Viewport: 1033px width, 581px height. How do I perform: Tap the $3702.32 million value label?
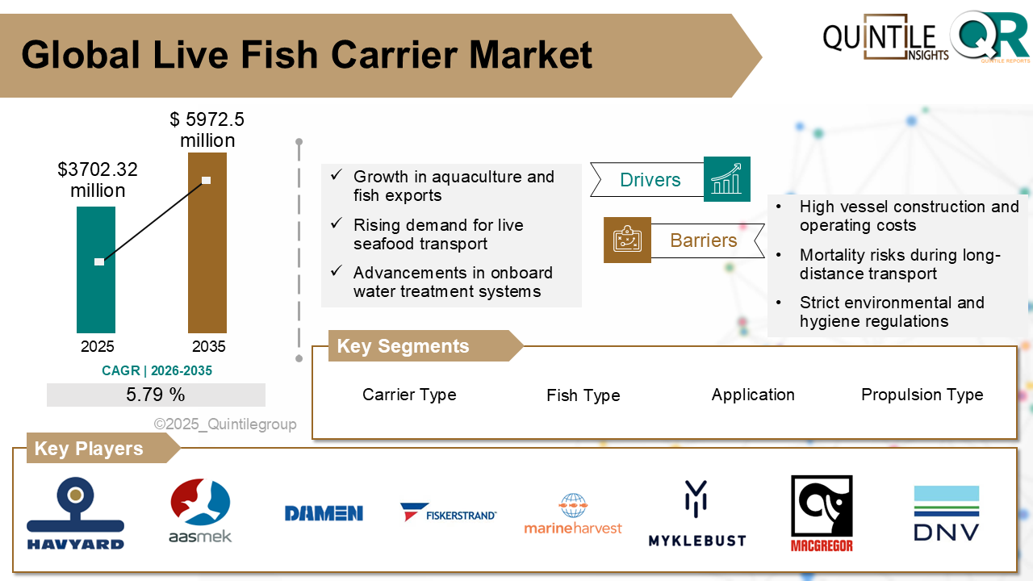[x=98, y=180]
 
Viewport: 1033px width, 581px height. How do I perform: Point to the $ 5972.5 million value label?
[x=207, y=130]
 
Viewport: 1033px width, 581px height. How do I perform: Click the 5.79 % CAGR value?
[x=156, y=395]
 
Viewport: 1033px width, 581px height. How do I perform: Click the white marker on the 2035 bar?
[x=207, y=180]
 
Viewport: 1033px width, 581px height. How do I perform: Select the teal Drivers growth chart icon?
[x=726, y=179]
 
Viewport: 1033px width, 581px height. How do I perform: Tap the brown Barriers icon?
[x=627, y=240]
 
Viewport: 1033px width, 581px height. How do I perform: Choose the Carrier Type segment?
[x=409, y=395]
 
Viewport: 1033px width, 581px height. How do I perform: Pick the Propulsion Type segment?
[x=922, y=395]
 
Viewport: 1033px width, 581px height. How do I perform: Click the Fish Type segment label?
[x=583, y=395]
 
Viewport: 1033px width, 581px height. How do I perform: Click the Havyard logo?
[x=76, y=514]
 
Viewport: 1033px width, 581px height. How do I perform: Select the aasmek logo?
[x=200, y=512]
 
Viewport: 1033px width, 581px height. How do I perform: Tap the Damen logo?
[x=324, y=513]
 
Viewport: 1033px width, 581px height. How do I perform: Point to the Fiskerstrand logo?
[x=448, y=512]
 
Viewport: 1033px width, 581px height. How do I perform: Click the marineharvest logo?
[x=573, y=514]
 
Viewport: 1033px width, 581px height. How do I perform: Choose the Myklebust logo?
[x=696, y=514]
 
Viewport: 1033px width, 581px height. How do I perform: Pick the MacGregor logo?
[x=822, y=514]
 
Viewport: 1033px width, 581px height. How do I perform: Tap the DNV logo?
[x=946, y=514]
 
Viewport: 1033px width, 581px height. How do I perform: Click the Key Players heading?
[x=89, y=449]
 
